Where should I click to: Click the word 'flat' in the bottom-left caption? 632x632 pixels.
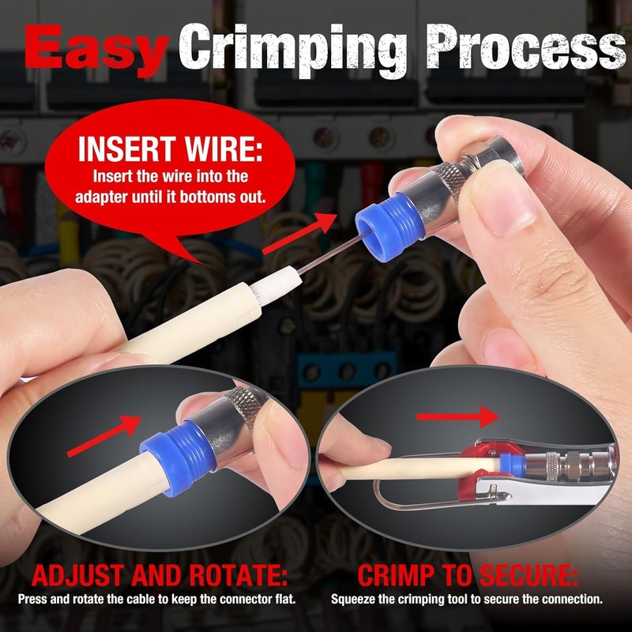(284, 599)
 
